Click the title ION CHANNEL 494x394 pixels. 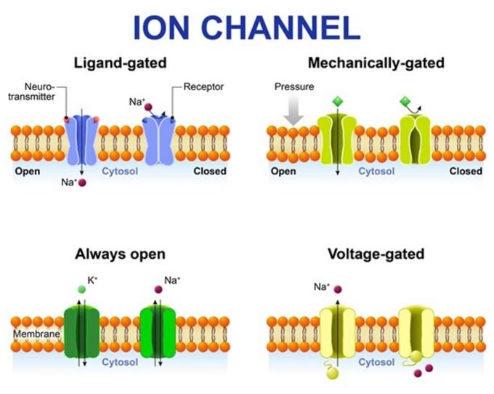(246, 27)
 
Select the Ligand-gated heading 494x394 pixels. (120, 63)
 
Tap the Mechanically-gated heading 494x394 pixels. (376, 63)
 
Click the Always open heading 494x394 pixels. (120, 254)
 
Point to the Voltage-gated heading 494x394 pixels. (376, 254)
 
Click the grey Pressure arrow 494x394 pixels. (294, 110)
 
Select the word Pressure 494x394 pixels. (294, 87)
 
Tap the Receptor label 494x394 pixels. (203, 87)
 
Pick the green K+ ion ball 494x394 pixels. (81, 289)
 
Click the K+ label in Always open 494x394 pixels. (92, 279)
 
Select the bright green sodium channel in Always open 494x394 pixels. (158, 331)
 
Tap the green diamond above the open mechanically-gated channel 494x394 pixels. (336, 102)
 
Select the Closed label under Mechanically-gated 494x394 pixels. (466, 172)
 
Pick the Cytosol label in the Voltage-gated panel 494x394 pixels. (376, 361)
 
